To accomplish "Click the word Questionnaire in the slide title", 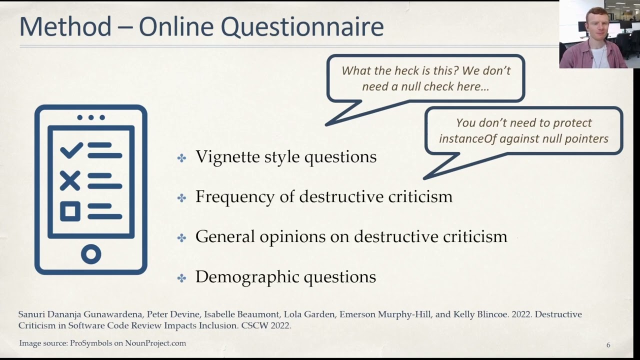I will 302,27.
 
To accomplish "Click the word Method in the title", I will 65,27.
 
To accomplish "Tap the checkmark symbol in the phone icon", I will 71,149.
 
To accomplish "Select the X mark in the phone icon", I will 70,180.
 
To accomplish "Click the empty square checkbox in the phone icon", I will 70,211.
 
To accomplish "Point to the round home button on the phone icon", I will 91,254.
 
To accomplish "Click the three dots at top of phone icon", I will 91,117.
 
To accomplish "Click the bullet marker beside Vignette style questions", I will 181,158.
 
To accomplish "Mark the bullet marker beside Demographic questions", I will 181,278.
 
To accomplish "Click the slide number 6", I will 608,345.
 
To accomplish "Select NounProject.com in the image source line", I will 155,343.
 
